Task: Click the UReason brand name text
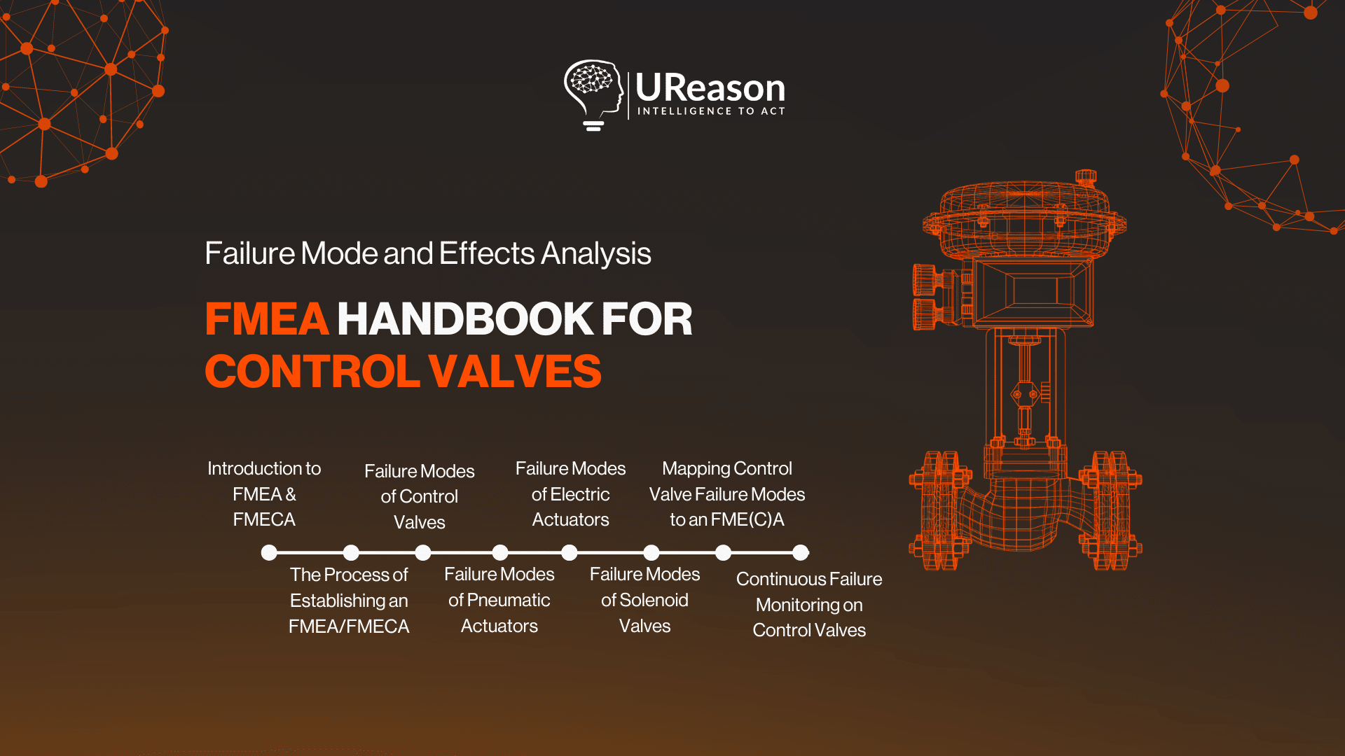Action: [x=710, y=88]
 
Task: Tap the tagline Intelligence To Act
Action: [x=710, y=111]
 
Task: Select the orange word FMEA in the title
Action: [x=266, y=319]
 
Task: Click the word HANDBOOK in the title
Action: [x=465, y=319]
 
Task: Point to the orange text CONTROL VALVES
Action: [x=403, y=371]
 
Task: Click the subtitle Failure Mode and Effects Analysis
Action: [x=427, y=253]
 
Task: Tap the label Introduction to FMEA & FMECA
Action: [x=264, y=493]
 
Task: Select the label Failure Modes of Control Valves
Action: [x=419, y=496]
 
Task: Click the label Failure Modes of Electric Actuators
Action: [x=570, y=493]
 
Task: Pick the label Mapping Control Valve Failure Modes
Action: [x=726, y=493]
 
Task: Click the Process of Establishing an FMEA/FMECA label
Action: [x=349, y=600]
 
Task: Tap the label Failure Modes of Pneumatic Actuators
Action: [x=499, y=600]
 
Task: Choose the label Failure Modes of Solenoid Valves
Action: [x=644, y=600]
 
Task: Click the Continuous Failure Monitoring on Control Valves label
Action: [x=808, y=604]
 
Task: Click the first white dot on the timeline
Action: [x=269, y=553]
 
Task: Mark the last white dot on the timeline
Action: [x=800, y=553]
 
